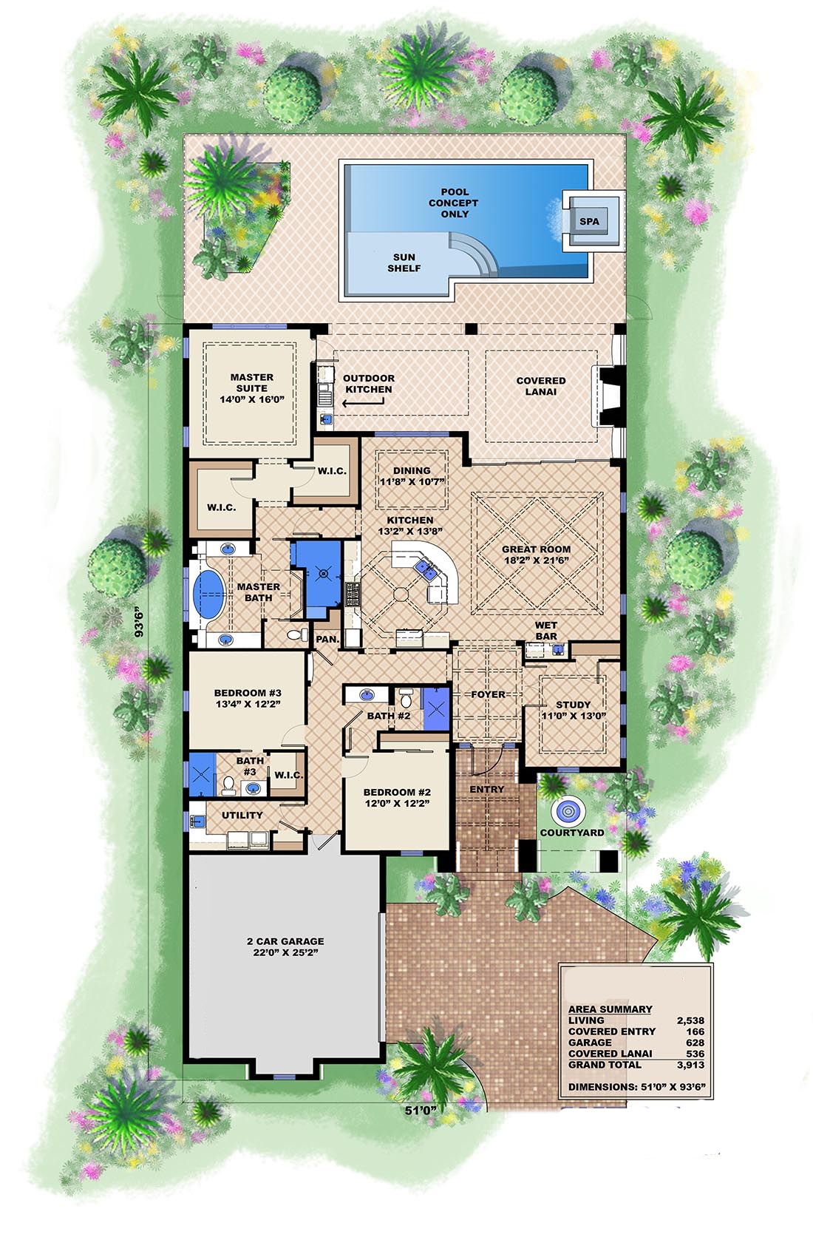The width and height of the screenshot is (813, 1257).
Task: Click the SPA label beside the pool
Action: tap(589, 221)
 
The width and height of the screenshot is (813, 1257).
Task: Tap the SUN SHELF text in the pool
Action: tap(404, 262)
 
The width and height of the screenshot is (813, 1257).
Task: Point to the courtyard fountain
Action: tap(568, 810)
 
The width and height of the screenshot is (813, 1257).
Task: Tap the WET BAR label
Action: tap(545, 630)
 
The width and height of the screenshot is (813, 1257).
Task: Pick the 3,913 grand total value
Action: tap(690, 1065)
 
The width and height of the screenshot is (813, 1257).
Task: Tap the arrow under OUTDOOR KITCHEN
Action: tap(363, 403)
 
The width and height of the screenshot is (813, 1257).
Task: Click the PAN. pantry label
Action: tap(327, 639)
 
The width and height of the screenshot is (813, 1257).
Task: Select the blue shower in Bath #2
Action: tap(435, 708)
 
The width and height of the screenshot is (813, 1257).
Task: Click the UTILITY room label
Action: tap(242, 815)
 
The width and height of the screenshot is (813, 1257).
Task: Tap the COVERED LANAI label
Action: tap(540, 386)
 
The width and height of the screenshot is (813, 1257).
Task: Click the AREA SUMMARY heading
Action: tap(610, 1009)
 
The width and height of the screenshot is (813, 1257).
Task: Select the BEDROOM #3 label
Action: tap(248, 698)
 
